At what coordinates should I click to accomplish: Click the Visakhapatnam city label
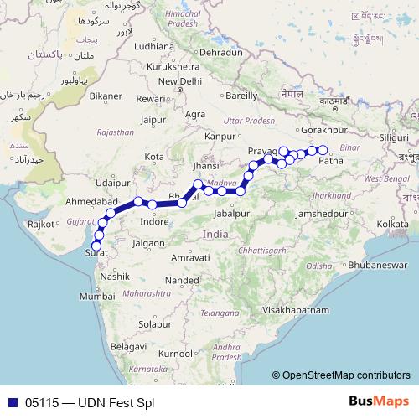point(294,309)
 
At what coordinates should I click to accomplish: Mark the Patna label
point(331,160)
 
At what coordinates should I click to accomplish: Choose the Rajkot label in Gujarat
point(40,224)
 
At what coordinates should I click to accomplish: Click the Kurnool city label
point(175,354)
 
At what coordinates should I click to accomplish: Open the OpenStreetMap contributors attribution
point(346,375)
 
